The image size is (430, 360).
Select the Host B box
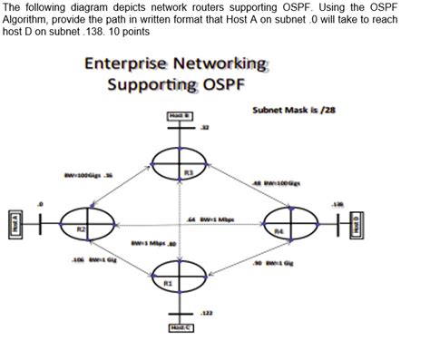coord(178,115)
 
